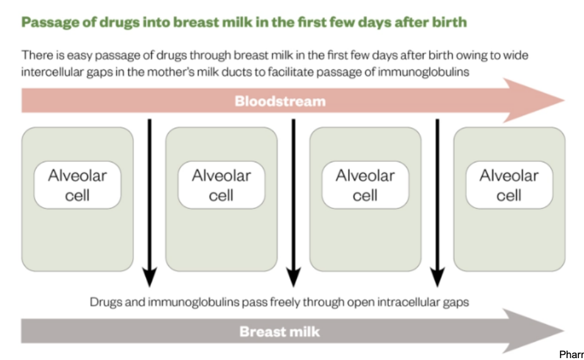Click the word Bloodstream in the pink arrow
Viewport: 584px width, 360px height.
[x=280, y=101]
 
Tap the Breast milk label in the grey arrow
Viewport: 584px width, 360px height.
[x=280, y=331]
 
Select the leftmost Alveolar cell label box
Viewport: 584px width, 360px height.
[x=77, y=185]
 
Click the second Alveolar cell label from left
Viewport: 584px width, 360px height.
[x=222, y=185]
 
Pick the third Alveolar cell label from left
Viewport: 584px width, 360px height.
[x=365, y=185]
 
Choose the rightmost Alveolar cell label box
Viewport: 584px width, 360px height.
[x=509, y=185]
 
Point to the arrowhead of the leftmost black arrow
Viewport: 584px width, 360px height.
[x=149, y=277]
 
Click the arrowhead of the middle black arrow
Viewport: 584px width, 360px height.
[x=293, y=277]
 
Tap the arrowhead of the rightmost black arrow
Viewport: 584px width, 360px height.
[x=437, y=277]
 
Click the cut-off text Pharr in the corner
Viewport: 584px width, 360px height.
[x=571, y=355]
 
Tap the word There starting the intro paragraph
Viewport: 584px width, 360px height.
[x=35, y=55]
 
